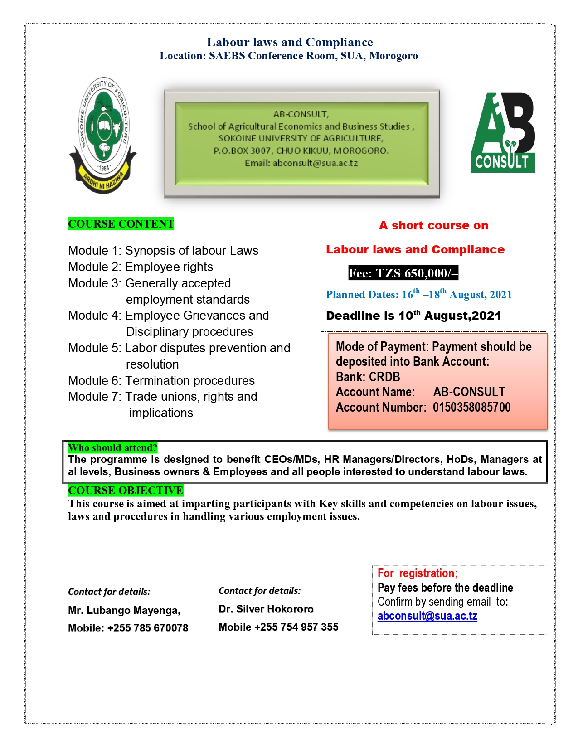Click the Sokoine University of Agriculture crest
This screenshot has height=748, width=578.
coord(102,134)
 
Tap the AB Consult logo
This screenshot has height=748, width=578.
coord(503,133)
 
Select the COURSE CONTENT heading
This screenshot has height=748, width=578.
coord(121,224)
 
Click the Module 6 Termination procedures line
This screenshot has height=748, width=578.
coord(161,381)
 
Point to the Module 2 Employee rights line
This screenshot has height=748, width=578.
coord(141,267)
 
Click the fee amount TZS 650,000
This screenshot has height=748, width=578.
coord(403,273)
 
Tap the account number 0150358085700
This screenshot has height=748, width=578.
coord(471,407)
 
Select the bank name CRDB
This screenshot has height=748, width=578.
coord(384,377)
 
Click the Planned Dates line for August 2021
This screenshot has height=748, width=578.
coord(419,295)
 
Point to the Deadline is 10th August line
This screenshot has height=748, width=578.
coord(413,316)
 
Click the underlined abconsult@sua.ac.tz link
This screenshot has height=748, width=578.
coord(427,616)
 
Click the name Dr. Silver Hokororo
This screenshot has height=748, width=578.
coord(266,609)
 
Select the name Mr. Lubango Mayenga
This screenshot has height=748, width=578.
coord(124,611)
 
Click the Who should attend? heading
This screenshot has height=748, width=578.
coord(112,448)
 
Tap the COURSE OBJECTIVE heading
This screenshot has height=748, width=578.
coord(126,491)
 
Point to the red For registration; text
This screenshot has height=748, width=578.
coord(418,573)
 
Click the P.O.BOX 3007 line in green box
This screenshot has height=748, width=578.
coord(301,151)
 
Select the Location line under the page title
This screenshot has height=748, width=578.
coord(288,56)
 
